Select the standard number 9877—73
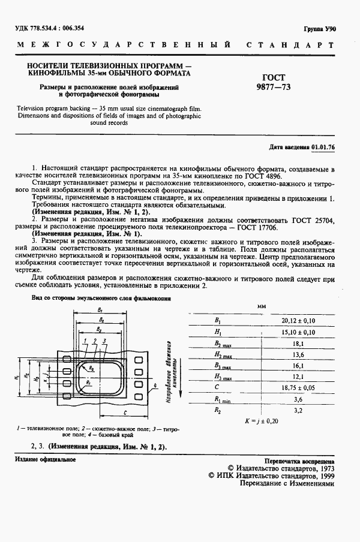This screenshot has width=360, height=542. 274,87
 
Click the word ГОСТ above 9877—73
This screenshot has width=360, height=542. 274,77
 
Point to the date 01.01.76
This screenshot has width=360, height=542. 323,146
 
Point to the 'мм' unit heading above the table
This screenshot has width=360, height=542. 262,306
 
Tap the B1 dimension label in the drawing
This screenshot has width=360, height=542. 99,309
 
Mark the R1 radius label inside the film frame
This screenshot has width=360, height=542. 88,381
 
